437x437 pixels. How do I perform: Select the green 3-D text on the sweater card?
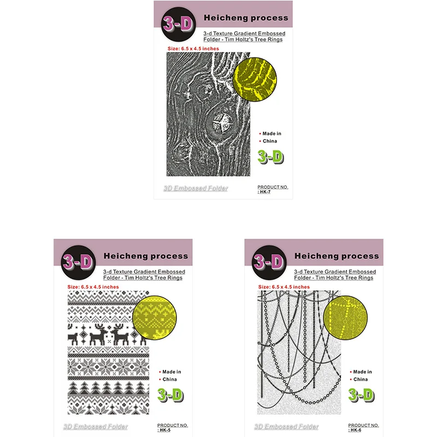(x=170, y=394)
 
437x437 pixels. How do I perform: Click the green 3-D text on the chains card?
(x=361, y=394)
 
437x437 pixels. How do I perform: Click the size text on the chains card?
(x=284, y=287)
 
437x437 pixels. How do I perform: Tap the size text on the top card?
(x=193, y=49)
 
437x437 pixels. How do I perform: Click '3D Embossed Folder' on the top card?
(x=196, y=188)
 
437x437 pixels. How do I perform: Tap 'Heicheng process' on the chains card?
(x=336, y=256)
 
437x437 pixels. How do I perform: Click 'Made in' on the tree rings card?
(x=272, y=133)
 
